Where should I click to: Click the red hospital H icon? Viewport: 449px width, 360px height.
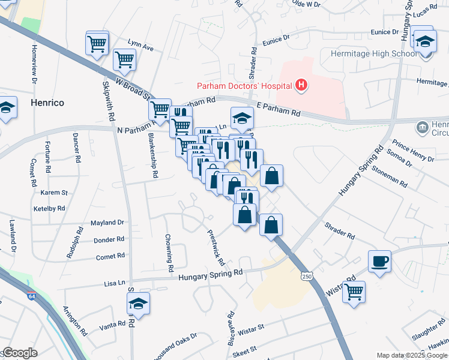click(x=302, y=86)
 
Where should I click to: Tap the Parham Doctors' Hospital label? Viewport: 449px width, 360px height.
click(x=244, y=86)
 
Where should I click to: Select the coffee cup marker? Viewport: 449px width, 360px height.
click(x=380, y=262)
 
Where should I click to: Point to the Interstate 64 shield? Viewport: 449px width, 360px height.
click(x=31, y=296)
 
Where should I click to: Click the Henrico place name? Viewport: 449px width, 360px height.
click(x=47, y=103)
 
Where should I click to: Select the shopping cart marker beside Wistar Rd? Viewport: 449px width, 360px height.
click(x=354, y=292)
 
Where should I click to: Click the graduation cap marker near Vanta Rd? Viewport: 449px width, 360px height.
click(x=138, y=304)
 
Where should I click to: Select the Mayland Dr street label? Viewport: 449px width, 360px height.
click(x=107, y=223)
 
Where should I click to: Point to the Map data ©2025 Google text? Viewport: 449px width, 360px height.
click(x=412, y=355)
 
